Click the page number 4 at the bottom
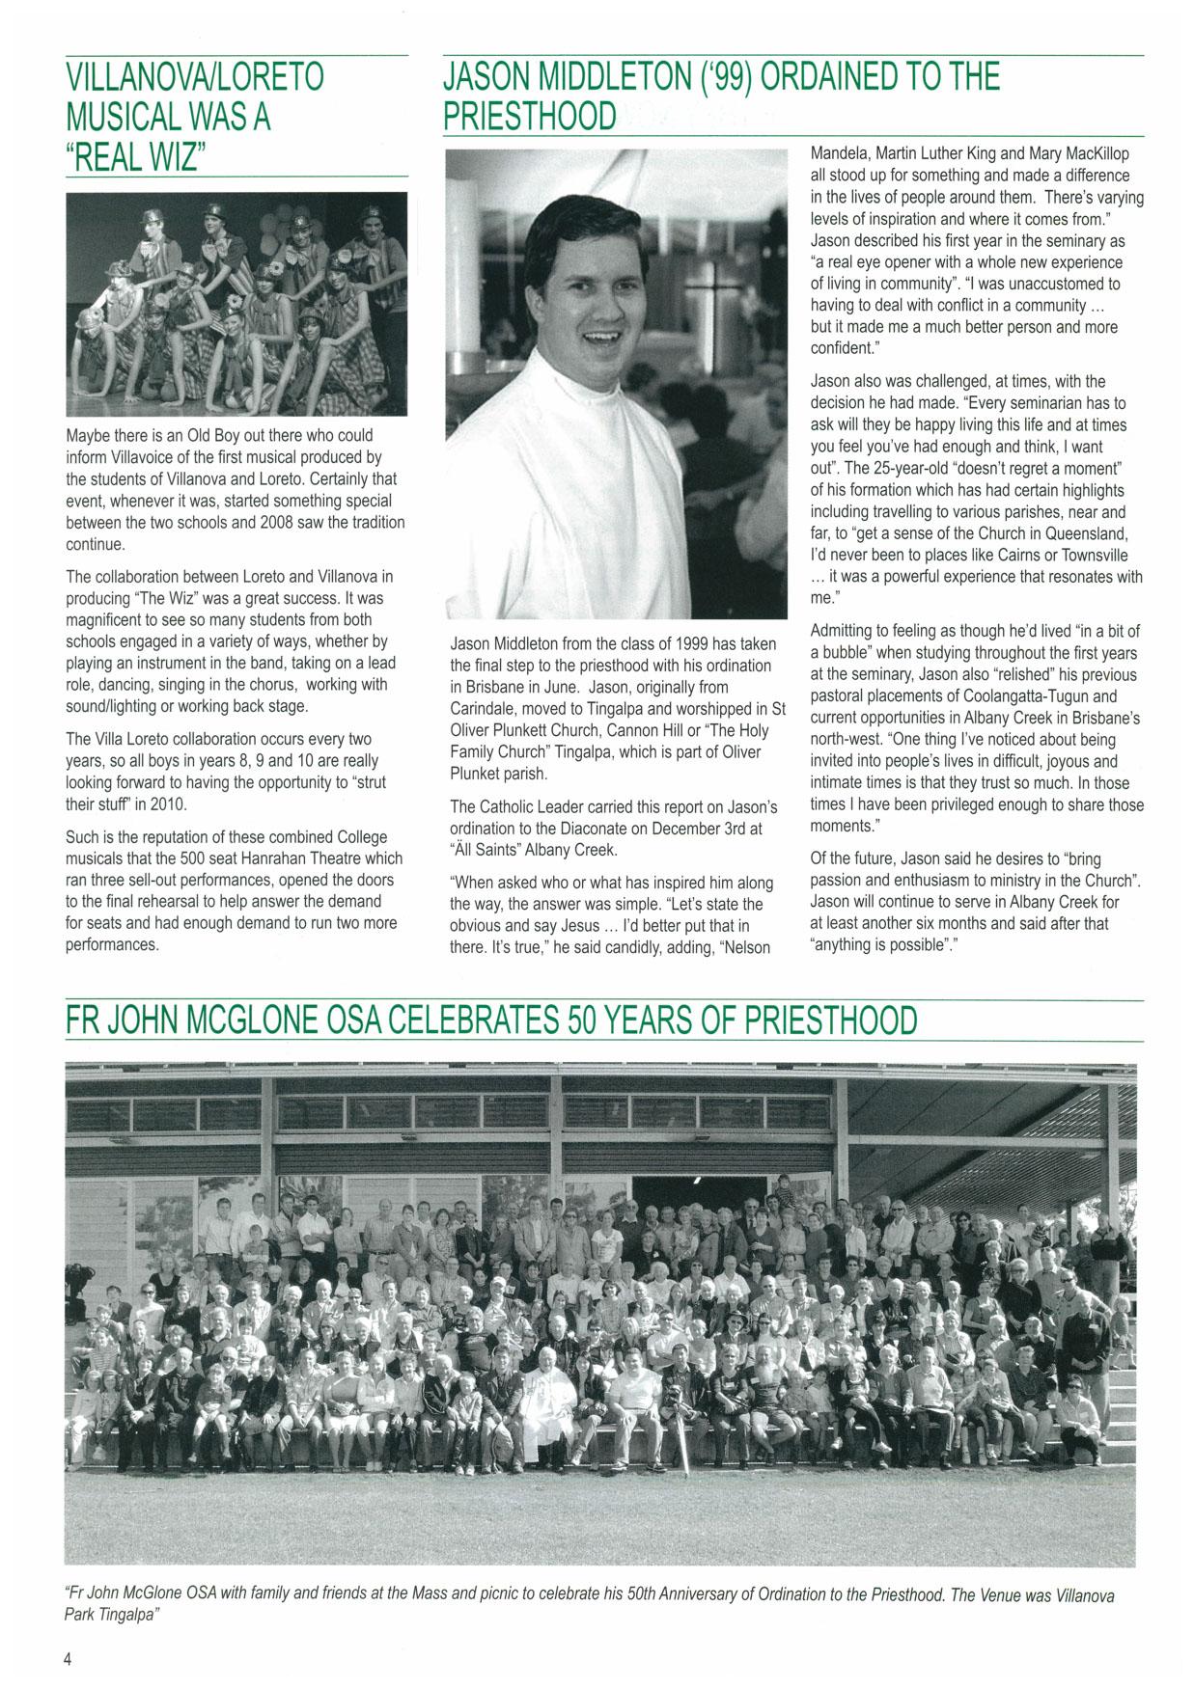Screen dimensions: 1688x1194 point(69,1659)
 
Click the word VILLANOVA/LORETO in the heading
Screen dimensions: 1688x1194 point(195,77)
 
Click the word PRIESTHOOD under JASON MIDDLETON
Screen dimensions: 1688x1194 point(529,117)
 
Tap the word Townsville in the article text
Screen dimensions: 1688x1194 point(1089,555)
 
